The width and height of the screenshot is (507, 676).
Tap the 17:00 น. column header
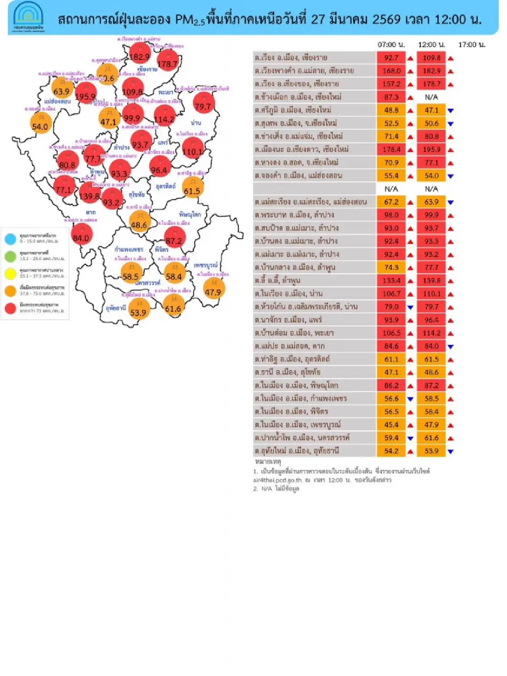pos(472,44)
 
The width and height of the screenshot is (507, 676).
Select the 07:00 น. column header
pos(391,44)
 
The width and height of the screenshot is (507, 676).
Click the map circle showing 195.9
pos(85,94)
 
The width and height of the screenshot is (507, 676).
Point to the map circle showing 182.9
pos(139,54)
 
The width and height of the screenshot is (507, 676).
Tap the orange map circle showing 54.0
pos(40,124)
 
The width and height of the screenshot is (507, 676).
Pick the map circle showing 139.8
pos(90,193)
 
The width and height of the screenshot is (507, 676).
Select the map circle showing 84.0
pos(81,235)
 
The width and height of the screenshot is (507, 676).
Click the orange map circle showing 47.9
pos(213,289)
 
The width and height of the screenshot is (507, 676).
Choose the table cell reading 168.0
pos(391,71)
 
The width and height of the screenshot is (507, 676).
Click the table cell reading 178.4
pos(391,149)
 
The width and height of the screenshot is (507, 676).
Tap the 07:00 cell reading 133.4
pos(391,280)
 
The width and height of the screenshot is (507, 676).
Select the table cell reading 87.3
pos(391,97)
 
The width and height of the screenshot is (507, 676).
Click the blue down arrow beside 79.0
pos(410,307)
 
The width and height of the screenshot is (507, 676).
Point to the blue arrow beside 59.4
pos(410,438)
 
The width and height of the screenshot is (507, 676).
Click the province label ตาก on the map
pos(90,212)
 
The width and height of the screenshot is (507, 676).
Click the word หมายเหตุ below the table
pos(268,462)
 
